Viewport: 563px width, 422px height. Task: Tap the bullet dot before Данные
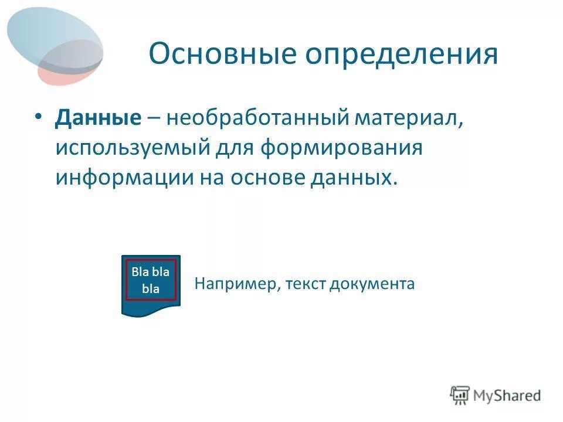pos(38,117)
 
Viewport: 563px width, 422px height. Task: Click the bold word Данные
pos(99,118)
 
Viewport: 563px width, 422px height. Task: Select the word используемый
pos(133,147)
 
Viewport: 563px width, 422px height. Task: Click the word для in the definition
pos(236,147)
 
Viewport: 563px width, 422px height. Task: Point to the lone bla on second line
pos(151,289)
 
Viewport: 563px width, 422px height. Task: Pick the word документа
pos(372,284)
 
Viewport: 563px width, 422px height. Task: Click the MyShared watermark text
pos(508,396)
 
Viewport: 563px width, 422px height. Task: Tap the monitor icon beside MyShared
pos(460,395)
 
